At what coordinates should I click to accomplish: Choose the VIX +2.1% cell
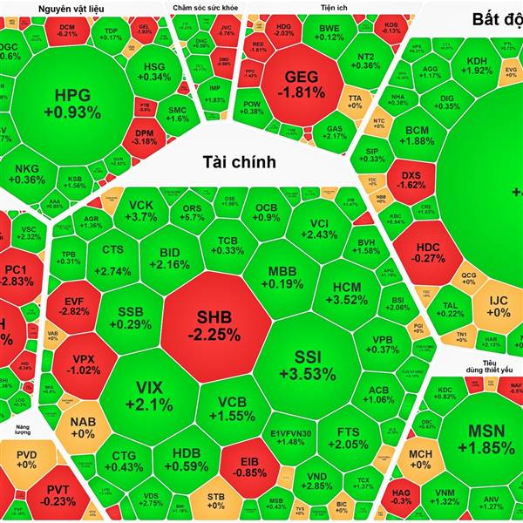143,395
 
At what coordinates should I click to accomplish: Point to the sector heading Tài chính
239,161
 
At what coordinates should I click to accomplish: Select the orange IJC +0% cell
498,305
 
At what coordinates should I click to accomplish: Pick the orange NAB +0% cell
82,427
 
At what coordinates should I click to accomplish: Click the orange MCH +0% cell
421,459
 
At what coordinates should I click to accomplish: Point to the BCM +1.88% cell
419,135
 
